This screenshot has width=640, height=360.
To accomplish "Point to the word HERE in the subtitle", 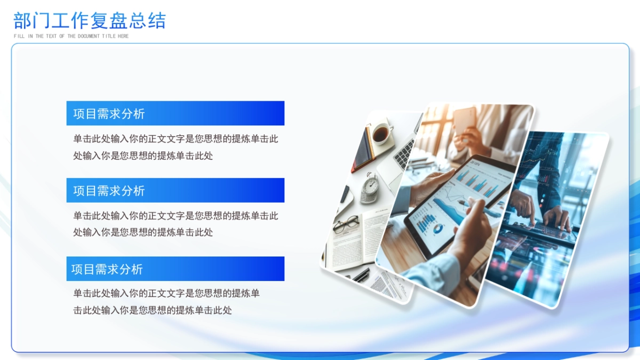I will (123, 36).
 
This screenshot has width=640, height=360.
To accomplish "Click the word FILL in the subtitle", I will (19, 36).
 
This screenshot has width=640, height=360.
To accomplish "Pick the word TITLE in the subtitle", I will (109, 36).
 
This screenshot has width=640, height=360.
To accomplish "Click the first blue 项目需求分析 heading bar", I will (175, 113).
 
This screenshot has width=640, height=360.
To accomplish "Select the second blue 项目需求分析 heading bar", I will (175, 190).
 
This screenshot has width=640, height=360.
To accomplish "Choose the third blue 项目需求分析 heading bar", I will (175, 269).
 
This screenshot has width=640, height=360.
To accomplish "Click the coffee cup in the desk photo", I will (381, 133).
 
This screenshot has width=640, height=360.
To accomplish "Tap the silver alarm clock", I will (370, 188).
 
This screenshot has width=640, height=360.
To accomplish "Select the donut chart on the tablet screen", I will (438, 229).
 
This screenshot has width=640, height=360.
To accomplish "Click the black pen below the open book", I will (361, 274).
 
